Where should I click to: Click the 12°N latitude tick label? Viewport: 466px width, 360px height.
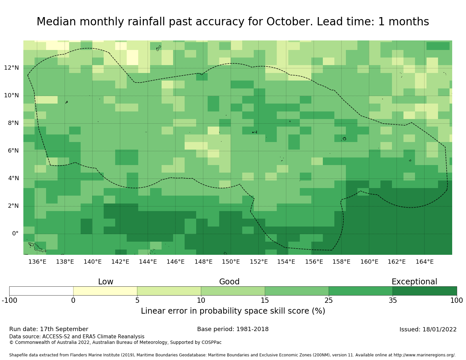(x=12, y=68)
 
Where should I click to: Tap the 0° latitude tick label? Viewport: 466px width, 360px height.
(x=15, y=234)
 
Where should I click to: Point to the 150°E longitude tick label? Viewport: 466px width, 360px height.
(x=231, y=262)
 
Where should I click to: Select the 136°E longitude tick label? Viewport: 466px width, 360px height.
(x=37, y=262)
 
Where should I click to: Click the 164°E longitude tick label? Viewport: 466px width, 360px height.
(x=425, y=262)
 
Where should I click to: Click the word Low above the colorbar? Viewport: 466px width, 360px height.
(x=106, y=282)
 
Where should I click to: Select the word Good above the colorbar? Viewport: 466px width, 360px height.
(x=229, y=282)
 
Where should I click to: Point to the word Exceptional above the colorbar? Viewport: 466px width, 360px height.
(x=414, y=282)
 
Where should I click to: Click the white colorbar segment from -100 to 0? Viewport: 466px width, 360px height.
(x=41, y=291)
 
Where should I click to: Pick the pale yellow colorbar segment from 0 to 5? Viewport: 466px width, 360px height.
(x=105, y=291)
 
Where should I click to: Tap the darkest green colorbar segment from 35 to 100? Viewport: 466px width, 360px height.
(x=425, y=291)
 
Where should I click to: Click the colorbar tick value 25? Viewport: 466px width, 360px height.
(x=329, y=300)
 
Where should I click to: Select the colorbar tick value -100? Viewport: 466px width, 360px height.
(x=9, y=300)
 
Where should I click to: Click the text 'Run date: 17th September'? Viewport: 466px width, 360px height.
(x=49, y=329)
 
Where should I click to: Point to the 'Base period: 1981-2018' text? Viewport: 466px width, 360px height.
(x=233, y=329)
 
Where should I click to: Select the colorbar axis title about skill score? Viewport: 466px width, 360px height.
(x=233, y=311)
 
